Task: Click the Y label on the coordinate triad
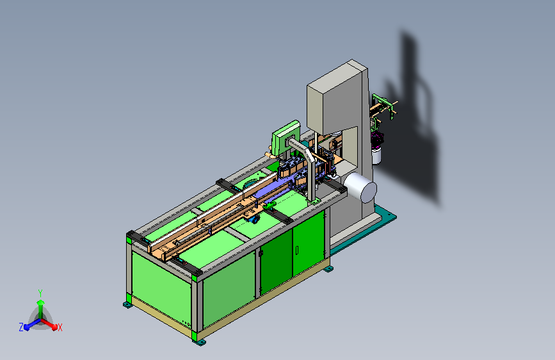(x=40, y=293)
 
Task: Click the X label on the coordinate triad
(x=60, y=327)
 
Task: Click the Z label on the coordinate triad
(x=21, y=327)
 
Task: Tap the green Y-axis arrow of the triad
(x=41, y=309)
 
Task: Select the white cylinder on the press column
(x=360, y=187)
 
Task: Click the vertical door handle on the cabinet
(x=296, y=250)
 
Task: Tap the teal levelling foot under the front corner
(x=199, y=341)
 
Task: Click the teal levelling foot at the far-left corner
(x=128, y=305)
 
